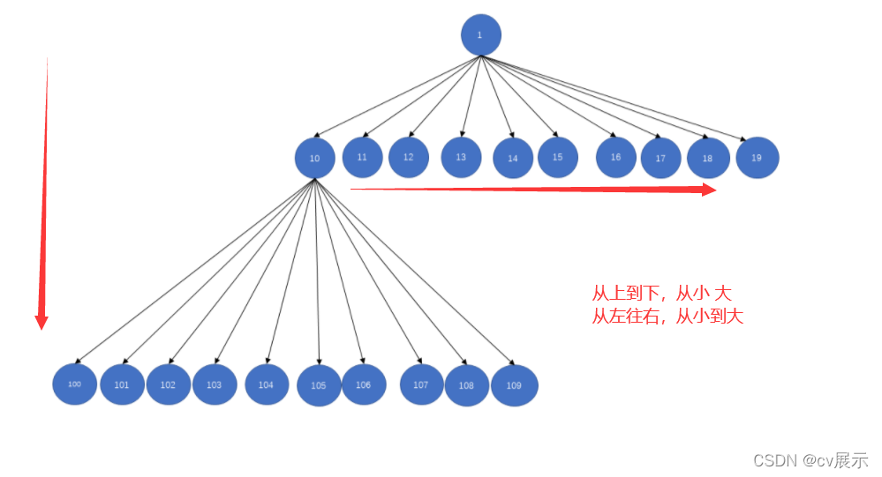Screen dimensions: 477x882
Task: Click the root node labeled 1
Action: click(x=480, y=35)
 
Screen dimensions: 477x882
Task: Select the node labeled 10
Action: click(x=315, y=159)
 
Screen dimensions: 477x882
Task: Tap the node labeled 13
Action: click(x=461, y=157)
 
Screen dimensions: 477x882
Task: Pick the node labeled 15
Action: click(x=557, y=157)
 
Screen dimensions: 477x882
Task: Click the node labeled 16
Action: click(x=615, y=157)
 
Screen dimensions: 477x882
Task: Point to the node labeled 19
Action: click(x=757, y=159)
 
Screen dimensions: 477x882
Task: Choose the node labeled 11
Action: click(x=362, y=157)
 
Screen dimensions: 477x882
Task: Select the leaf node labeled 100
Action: click(x=74, y=384)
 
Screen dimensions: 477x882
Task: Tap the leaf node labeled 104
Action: click(x=267, y=384)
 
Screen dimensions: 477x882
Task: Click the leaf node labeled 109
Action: click(x=514, y=385)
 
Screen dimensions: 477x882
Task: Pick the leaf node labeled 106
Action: click(x=364, y=384)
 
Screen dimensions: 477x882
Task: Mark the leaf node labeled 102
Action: click(x=168, y=384)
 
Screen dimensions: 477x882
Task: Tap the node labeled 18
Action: click(x=708, y=159)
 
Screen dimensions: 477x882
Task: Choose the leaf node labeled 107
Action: click(x=421, y=384)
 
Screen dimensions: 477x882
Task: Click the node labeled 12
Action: click(x=409, y=157)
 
